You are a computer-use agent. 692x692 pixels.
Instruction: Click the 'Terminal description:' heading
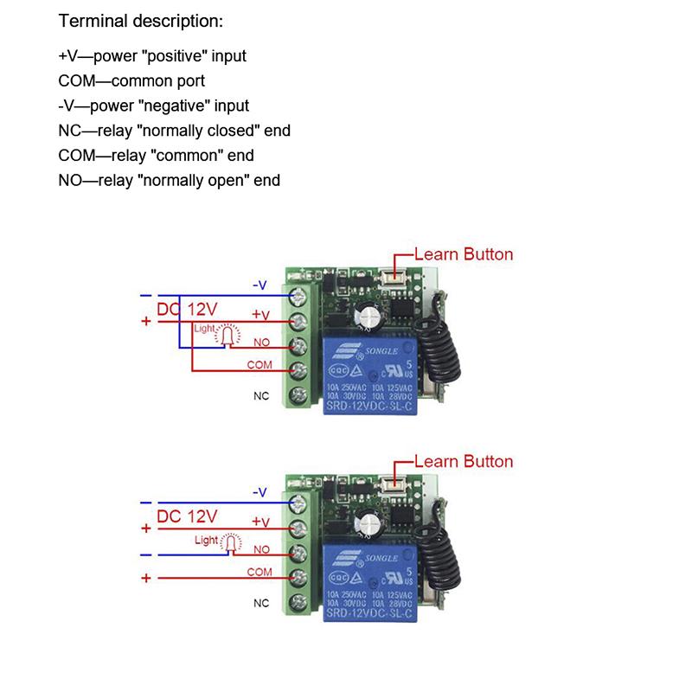coord(141,21)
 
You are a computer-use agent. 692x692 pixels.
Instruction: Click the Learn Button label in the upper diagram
coord(464,254)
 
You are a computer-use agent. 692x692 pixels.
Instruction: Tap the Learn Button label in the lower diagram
coord(464,461)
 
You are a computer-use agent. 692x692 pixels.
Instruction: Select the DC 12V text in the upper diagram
coord(187,309)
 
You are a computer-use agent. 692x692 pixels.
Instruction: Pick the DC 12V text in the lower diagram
coord(187,516)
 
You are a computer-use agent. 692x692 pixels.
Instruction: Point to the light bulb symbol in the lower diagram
coord(230,543)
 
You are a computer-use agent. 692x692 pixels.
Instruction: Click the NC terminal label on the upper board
coord(260,396)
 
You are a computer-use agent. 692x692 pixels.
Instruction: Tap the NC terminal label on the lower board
coord(260,603)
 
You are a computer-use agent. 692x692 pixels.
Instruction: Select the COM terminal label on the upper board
coord(259,365)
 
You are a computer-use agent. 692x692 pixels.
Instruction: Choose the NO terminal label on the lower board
coord(261,549)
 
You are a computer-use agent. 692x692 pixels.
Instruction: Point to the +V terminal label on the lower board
coord(260,522)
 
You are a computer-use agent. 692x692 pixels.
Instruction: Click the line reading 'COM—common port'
coord(131,80)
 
